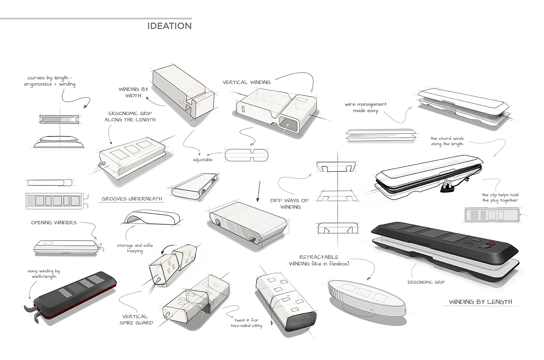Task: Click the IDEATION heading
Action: (x=169, y=26)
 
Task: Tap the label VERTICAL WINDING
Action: (x=246, y=82)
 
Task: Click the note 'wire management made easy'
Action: (x=365, y=107)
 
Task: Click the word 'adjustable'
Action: (x=203, y=160)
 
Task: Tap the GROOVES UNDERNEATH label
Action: (x=132, y=199)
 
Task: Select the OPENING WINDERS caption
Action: (x=54, y=223)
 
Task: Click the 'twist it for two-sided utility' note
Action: (x=247, y=323)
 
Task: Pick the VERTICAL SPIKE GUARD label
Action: (x=136, y=320)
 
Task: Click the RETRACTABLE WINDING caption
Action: (x=319, y=260)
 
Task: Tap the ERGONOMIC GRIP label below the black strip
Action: (x=426, y=282)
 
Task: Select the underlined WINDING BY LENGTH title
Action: (x=480, y=302)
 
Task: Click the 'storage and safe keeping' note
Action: (x=135, y=248)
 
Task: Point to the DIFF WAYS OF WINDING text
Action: (x=289, y=204)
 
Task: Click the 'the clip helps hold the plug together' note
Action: (x=500, y=197)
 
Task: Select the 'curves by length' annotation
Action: (x=50, y=81)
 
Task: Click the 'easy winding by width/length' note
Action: (x=44, y=274)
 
